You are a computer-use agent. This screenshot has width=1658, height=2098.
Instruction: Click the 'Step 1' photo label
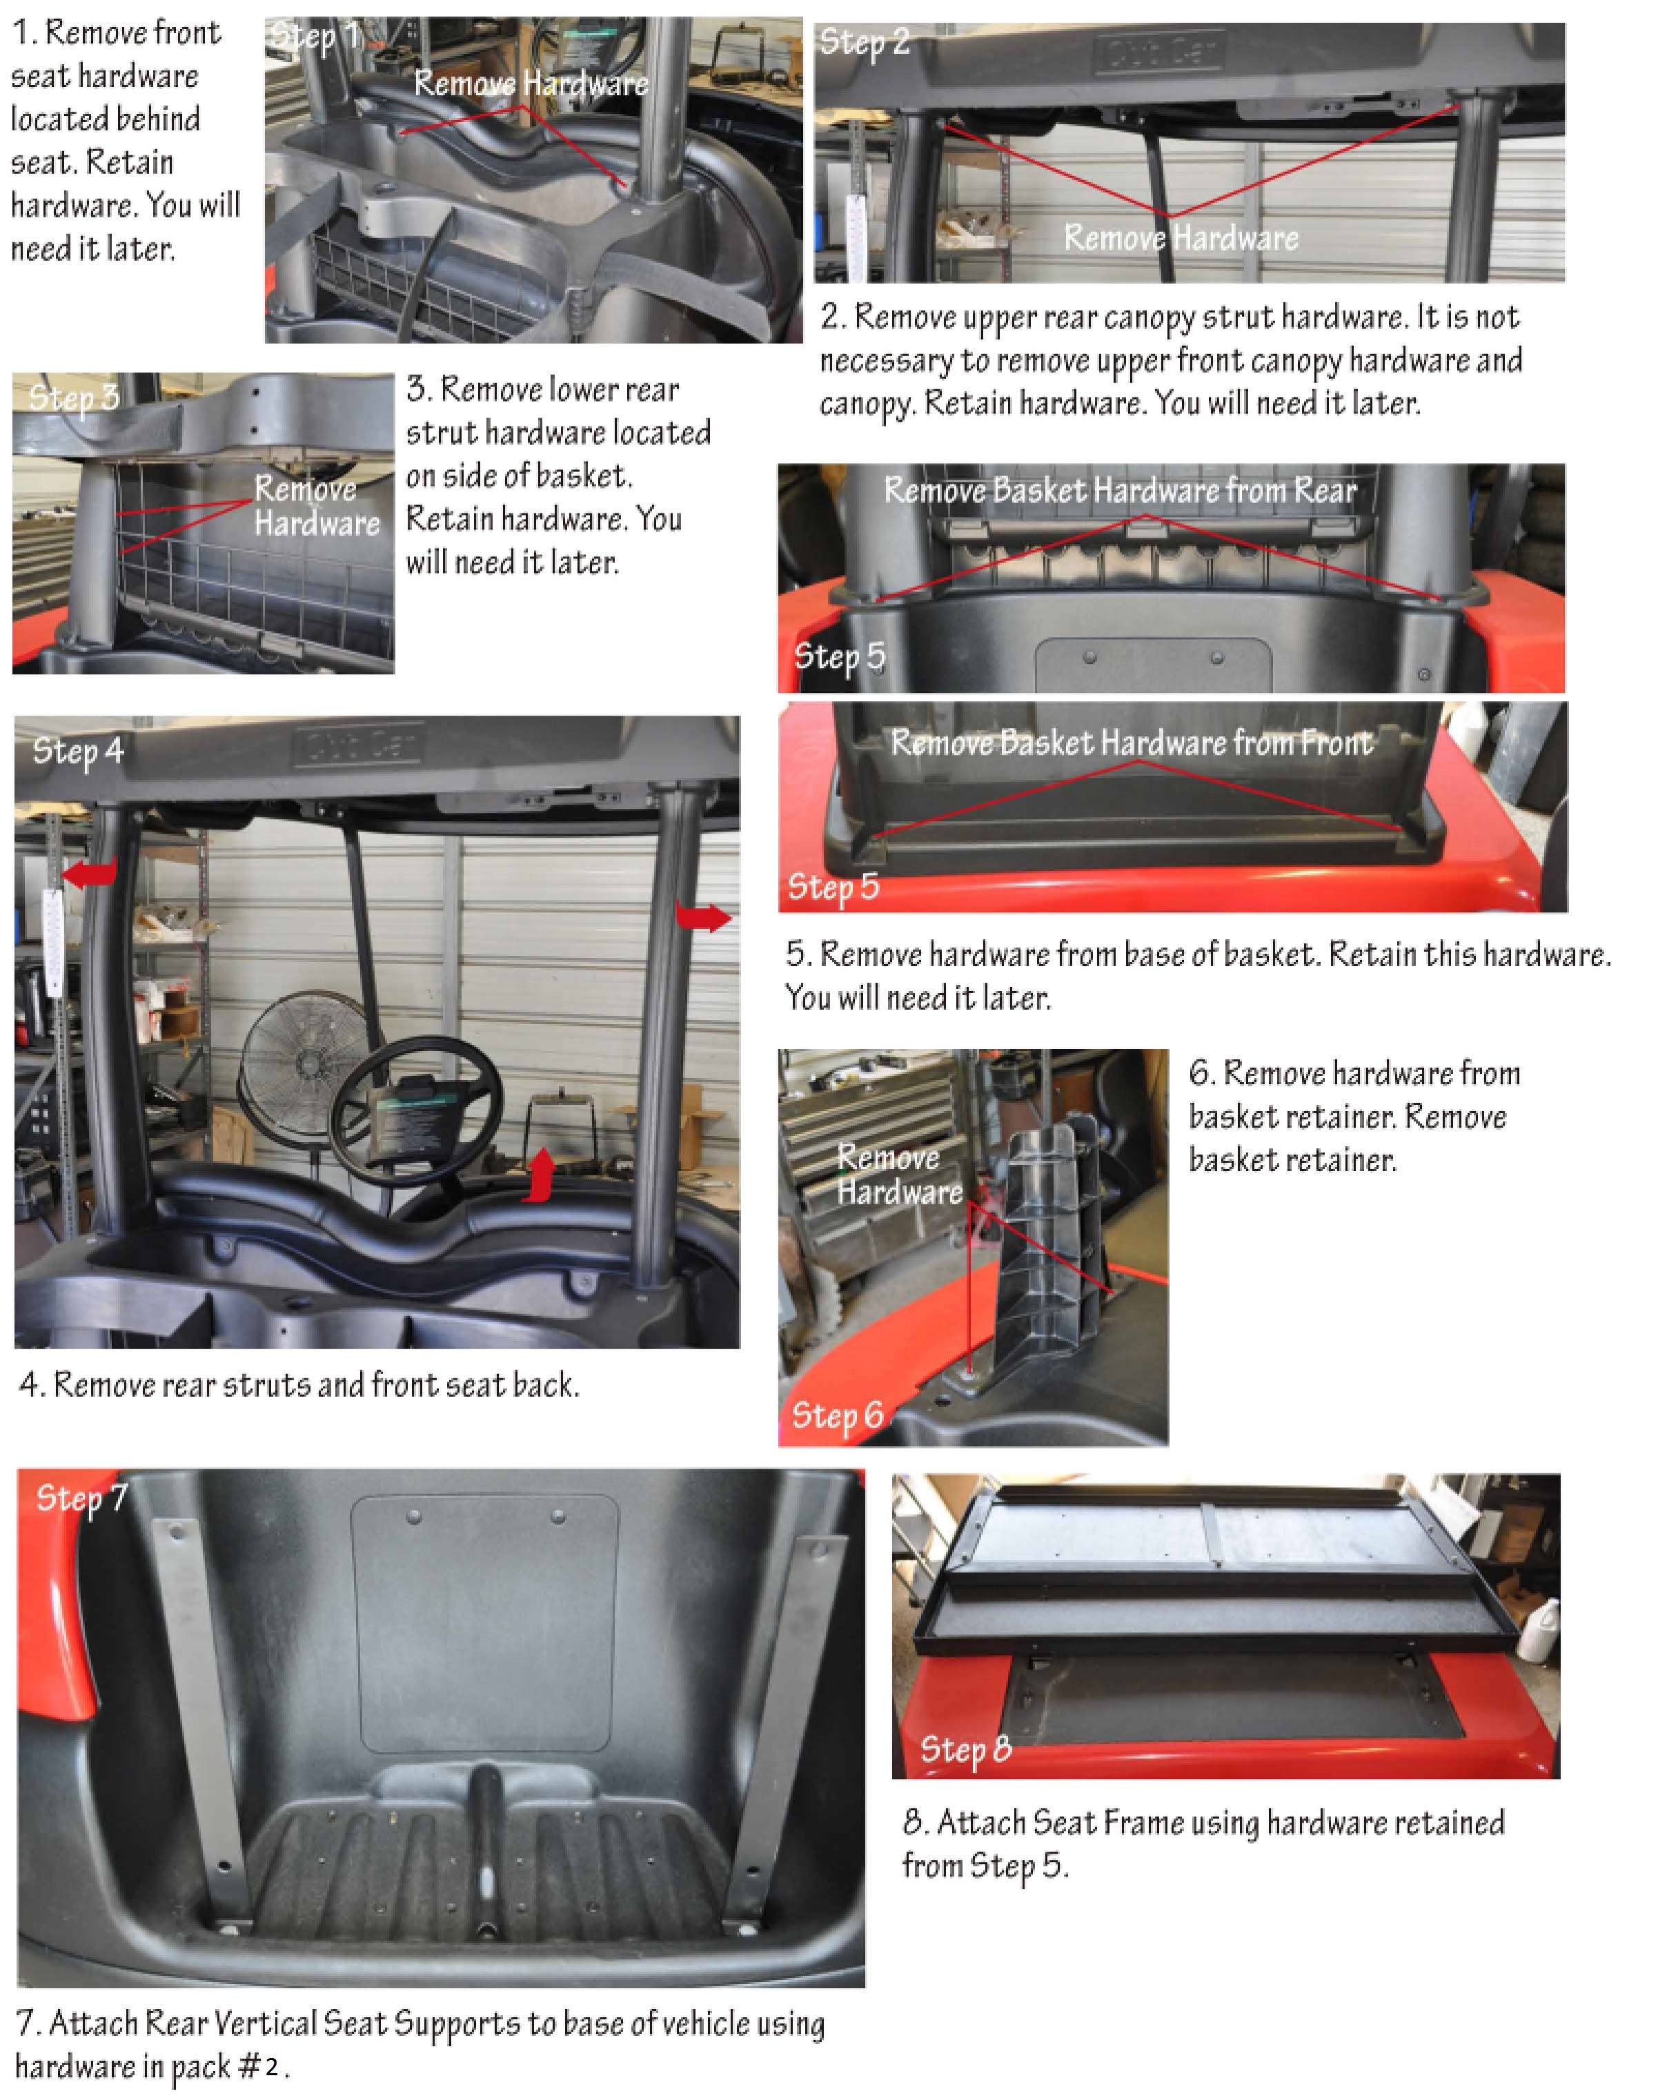[x=317, y=37]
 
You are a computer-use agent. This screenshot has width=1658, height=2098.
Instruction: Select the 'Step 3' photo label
[x=74, y=397]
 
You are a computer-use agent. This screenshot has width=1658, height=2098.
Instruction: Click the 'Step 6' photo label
[x=837, y=1415]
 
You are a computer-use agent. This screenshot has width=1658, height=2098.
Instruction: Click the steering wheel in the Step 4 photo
[x=417, y=1117]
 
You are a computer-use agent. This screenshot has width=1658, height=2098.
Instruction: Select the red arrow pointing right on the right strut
[x=703, y=916]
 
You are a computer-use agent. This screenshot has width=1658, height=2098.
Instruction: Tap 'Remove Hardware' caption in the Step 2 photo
[x=1181, y=238]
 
